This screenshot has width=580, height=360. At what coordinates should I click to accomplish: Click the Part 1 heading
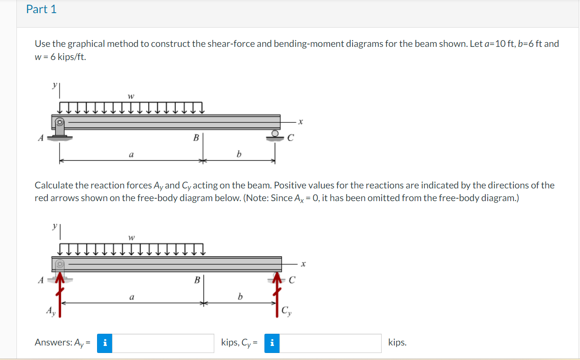(x=41, y=9)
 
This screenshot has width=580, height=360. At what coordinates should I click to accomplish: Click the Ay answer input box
(x=163, y=343)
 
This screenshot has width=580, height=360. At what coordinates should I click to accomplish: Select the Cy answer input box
(x=331, y=343)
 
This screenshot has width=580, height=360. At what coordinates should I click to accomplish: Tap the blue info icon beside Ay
(x=105, y=343)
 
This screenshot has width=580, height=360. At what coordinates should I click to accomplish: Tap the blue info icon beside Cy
(x=272, y=343)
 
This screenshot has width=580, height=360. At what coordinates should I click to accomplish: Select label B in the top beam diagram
(x=196, y=138)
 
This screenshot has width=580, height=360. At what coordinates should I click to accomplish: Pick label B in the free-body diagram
(x=197, y=280)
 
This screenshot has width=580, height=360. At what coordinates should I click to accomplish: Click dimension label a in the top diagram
(x=131, y=154)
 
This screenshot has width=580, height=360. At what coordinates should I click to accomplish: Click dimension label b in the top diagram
(x=239, y=154)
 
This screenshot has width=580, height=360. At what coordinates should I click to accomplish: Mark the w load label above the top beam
(x=131, y=96)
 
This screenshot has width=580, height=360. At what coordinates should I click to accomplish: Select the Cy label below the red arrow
(x=286, y=311)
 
